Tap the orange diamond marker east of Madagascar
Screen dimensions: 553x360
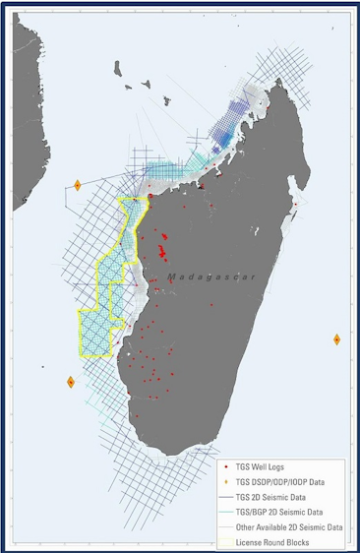(337, 339)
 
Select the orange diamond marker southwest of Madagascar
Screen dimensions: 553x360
(70, 382)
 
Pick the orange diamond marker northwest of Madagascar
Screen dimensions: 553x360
(77, 184)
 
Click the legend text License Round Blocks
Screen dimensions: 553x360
(280, 541)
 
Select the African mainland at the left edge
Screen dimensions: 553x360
(24, 148)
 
